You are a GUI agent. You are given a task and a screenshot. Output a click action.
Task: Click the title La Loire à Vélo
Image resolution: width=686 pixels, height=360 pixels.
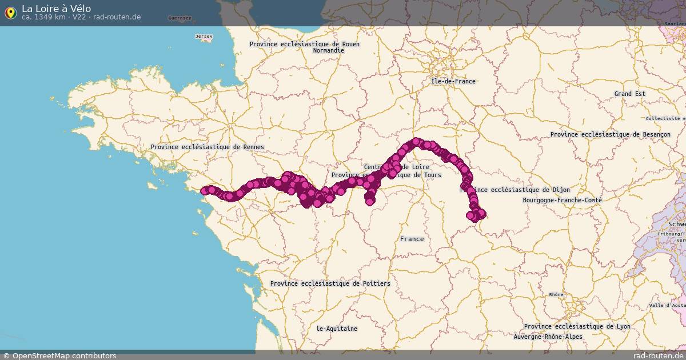56,8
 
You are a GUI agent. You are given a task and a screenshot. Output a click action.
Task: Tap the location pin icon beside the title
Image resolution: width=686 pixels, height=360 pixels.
10,13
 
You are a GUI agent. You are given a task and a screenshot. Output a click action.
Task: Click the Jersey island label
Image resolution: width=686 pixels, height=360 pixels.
204,37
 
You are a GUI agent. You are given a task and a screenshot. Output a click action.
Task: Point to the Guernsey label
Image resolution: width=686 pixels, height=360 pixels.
180,18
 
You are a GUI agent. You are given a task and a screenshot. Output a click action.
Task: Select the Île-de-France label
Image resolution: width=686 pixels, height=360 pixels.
453,81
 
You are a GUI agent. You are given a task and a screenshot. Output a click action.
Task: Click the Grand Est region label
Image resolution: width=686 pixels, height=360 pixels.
629,94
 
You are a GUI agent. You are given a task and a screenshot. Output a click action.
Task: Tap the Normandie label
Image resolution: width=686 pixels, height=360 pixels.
328,50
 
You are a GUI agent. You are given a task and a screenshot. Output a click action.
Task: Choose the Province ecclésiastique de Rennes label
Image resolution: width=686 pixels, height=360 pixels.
207,147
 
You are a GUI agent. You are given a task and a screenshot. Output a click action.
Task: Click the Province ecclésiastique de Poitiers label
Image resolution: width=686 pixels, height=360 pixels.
330,283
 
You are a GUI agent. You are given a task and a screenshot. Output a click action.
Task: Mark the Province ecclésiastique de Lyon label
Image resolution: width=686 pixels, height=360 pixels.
577,326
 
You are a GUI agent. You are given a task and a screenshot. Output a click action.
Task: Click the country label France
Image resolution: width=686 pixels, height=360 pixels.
412,239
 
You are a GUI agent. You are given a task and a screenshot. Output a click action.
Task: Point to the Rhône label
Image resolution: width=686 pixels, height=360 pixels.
556,295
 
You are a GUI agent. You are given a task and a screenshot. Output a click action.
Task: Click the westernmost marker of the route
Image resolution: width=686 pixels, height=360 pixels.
204,191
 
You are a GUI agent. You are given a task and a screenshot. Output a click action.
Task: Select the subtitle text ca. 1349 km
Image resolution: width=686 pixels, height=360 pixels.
43,17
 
